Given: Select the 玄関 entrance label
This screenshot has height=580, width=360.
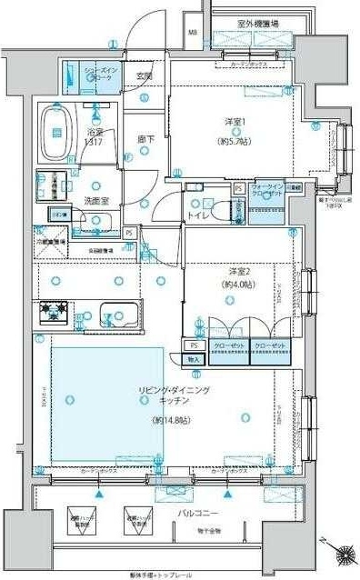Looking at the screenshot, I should (x=144, y=76).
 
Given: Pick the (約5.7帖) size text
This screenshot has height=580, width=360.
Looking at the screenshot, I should (x=238, y=143).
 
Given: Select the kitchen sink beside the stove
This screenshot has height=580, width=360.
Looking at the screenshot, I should (x=118, y=315).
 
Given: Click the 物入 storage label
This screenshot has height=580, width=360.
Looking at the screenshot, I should (x=193, y=360).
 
